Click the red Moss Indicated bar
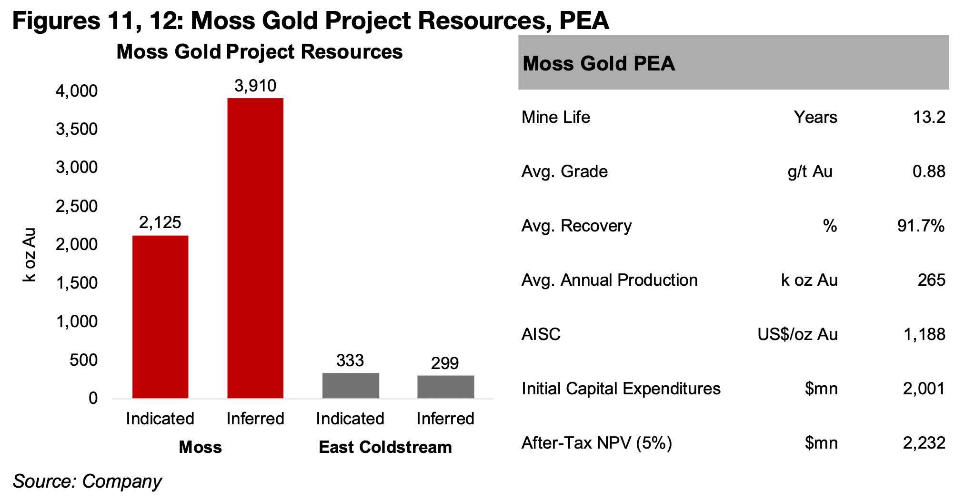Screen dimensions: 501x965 [160, 317]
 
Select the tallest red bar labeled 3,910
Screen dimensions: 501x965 [255, 248]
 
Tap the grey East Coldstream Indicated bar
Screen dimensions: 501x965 [351, 385]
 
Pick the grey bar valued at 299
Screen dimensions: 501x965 [445, 387]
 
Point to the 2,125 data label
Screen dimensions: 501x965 [160, 222]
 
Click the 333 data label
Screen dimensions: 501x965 [350, 361]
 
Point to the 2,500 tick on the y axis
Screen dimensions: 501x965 [77, 206]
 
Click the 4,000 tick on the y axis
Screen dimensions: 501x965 [77, 91]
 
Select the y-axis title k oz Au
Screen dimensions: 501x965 [30, 255]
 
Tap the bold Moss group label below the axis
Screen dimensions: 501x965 [200, 447]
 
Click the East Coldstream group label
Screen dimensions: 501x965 [385, 447]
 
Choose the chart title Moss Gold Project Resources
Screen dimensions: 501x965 [260, 52]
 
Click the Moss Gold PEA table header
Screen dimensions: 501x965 [599, 63]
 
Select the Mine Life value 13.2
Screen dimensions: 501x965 [929, 117]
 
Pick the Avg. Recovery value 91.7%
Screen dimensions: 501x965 [921, 226]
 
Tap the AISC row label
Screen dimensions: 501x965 [541, 334]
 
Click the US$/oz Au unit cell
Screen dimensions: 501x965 [797, 334]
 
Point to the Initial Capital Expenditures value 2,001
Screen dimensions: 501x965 [924, 389]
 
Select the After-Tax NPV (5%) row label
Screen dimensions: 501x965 [596, 443]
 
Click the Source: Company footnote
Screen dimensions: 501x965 [87, 481]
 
